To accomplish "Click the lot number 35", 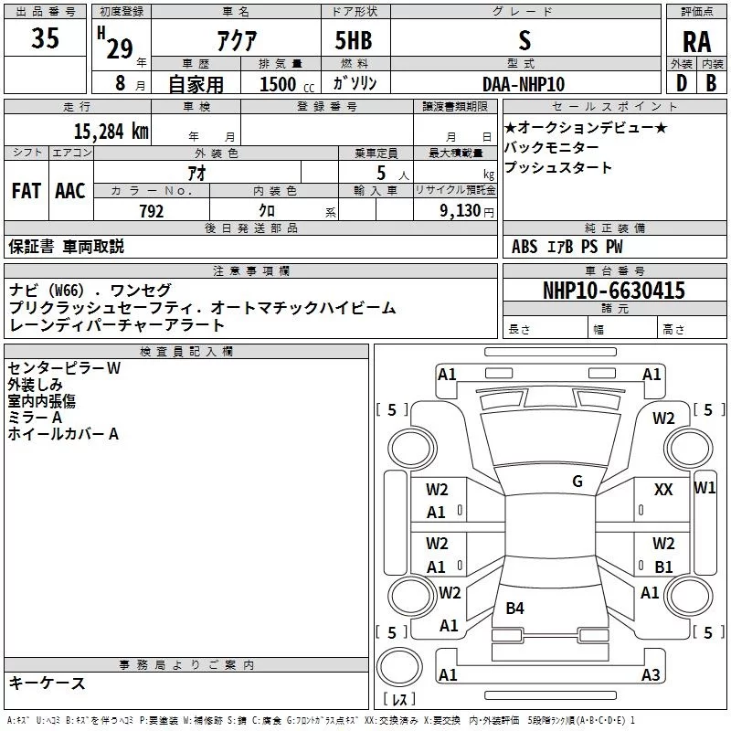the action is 45,40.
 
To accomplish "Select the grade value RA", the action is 696,42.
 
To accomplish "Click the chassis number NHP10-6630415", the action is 613,291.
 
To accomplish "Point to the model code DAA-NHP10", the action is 524,83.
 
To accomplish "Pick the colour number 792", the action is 151,211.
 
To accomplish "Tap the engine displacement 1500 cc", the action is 284,84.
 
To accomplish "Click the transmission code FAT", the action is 26,190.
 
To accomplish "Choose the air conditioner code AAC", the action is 70,190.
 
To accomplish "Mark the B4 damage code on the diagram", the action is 514,608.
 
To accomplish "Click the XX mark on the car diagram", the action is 663,490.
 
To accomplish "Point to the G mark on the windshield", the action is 577,482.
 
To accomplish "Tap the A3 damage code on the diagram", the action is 650,675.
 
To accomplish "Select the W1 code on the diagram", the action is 705,487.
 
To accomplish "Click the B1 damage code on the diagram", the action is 663,567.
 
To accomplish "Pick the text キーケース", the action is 48,683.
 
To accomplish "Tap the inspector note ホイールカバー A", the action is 63,434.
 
